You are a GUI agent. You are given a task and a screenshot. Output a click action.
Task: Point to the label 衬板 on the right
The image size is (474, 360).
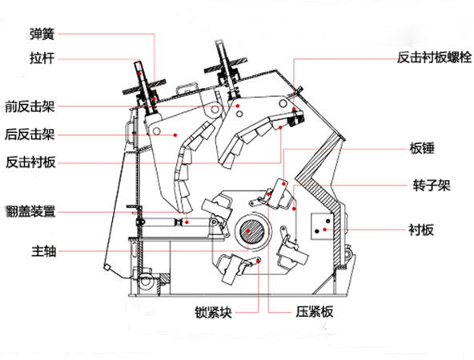tap(421, 230)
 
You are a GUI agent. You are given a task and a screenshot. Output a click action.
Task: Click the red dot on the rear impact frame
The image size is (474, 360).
tap(175, 135)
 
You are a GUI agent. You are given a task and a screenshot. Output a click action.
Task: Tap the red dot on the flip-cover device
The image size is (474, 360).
tap(185, 221)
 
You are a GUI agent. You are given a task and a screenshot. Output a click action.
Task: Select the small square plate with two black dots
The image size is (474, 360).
tap(323, 227)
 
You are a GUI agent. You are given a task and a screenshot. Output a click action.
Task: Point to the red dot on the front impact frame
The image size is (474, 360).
tap(238, 105)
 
